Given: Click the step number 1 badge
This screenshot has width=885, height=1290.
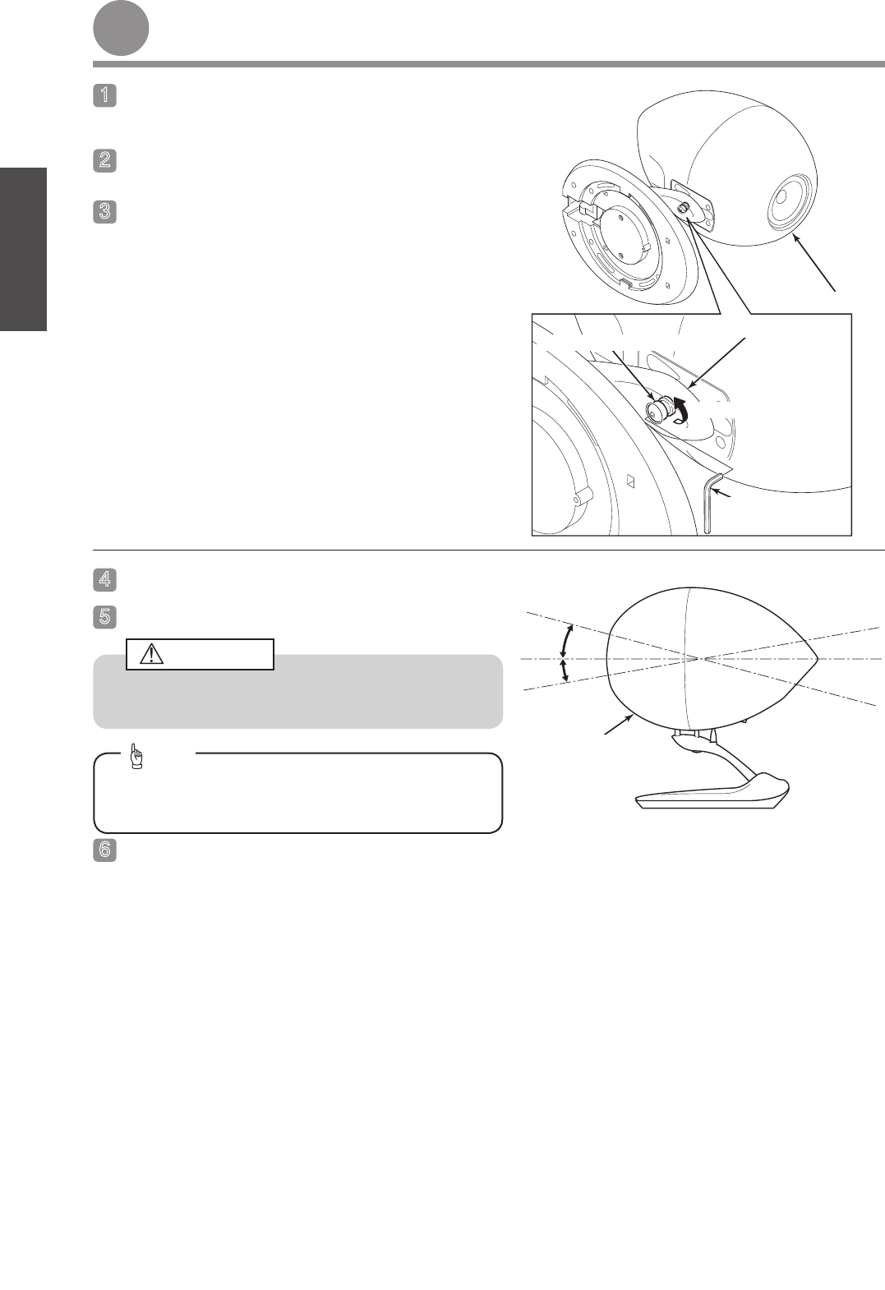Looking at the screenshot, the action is (105, 95).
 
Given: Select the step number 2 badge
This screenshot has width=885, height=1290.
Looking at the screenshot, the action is (105, 161).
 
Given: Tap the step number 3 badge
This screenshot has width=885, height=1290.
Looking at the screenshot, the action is (105, 211).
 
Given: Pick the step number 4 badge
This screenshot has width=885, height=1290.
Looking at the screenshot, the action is (105, 579).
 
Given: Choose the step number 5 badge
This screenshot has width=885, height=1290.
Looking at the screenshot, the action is (105, 617).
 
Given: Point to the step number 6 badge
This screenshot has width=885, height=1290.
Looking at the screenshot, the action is (105, 850).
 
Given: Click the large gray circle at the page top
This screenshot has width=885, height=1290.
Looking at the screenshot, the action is (122, 28).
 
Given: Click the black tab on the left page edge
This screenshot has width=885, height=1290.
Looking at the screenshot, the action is (23, 249).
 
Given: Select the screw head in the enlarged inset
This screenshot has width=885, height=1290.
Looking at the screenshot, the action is (657, 411).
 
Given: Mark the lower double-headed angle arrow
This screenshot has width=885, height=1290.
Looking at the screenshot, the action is (565, 670).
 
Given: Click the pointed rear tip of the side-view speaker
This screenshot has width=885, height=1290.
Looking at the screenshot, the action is (817, 657).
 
